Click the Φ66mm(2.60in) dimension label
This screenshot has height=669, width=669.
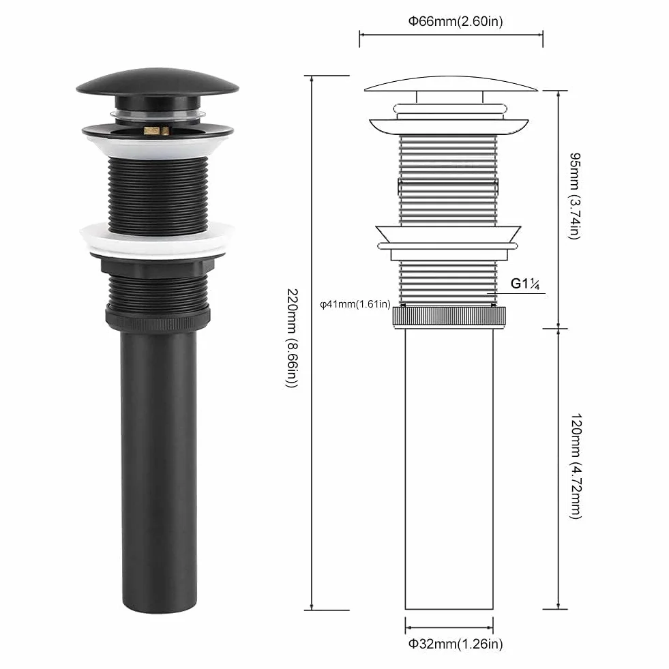pos(456,21)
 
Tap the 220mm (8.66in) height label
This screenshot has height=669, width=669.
pos(293,338)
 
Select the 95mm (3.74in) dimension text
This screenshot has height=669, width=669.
pos(575,196)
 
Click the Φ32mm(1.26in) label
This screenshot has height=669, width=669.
pos(456,643)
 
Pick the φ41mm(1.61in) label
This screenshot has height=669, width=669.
pos(355,304)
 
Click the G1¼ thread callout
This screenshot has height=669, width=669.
pos(525,284)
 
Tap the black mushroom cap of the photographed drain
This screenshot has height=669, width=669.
pos(158,82)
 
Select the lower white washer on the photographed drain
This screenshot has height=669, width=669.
pos(157,240)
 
